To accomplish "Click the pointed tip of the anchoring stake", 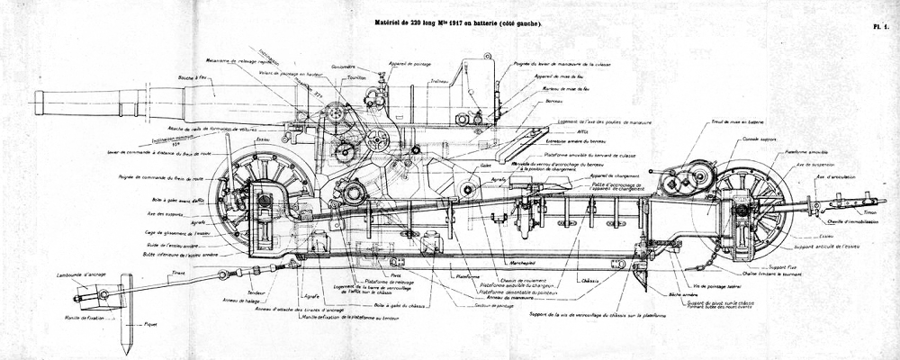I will (124, 352).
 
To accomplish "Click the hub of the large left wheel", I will (265, 200).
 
